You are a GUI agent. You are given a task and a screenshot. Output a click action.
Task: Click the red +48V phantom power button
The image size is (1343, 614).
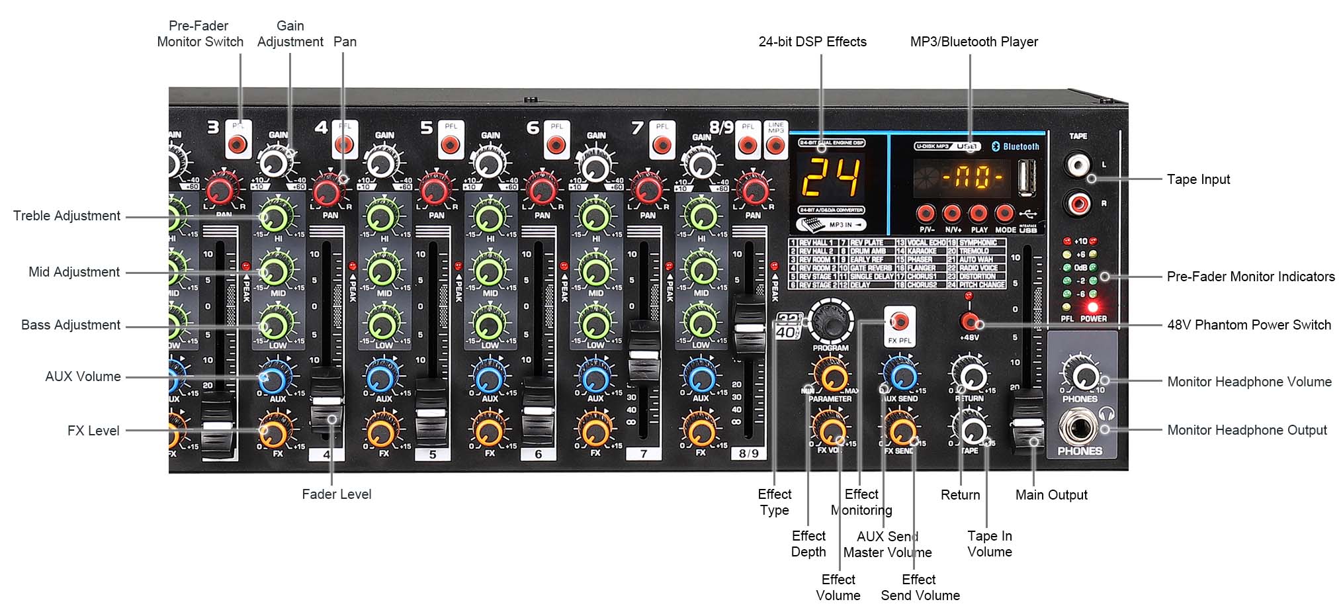(969, 322)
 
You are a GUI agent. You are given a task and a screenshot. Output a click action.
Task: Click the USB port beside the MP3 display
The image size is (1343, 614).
(1027, 179)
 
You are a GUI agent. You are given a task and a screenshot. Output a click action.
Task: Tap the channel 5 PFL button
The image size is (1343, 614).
(450, 144)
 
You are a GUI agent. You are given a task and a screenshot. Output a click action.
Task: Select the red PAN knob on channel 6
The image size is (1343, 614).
(541, 190)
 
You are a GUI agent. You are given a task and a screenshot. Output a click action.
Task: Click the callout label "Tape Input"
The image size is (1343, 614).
(1198, 179)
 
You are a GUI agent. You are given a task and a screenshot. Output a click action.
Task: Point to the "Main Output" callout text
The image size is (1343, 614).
(1051, 495)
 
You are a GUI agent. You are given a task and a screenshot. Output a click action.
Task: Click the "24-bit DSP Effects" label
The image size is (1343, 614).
(812, 42)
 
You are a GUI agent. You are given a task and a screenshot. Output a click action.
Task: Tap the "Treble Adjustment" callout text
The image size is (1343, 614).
(67, 216)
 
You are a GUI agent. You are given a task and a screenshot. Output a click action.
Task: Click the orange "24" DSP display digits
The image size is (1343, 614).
(831, 178)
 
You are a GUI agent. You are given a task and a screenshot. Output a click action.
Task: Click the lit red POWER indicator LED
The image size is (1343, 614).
(1092, 308)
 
